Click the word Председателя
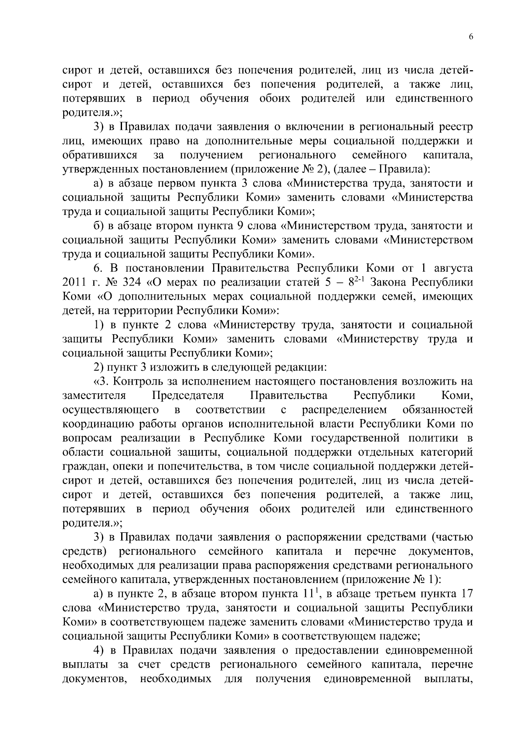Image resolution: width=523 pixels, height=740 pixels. [x=188, y=396]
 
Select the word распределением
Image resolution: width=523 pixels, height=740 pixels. [x=344, y=410]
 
